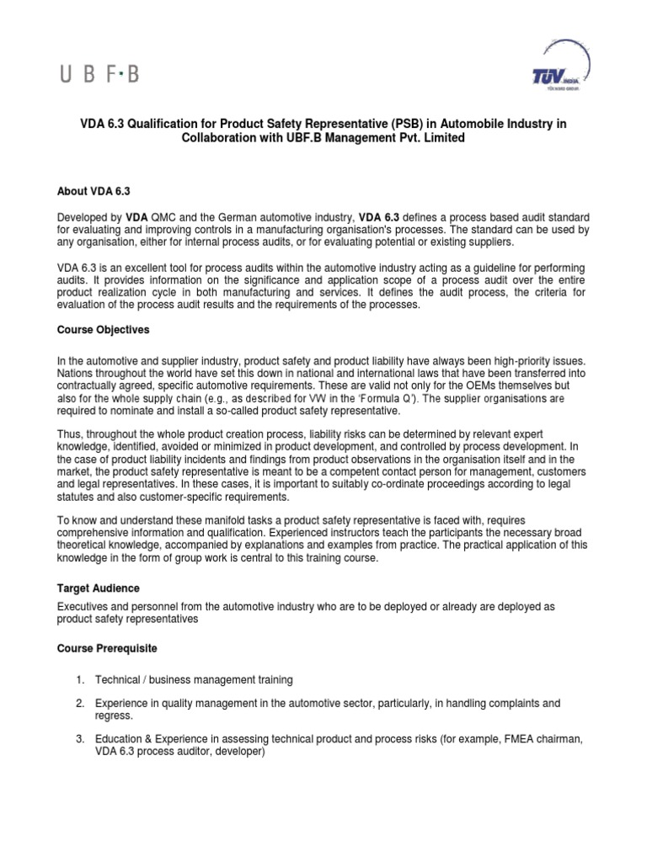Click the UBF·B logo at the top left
tap(98, 75)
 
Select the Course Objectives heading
tap(105, 330)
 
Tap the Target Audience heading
tap(98, 588)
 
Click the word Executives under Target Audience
tap(86, 607)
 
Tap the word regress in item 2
tap(115, 716)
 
